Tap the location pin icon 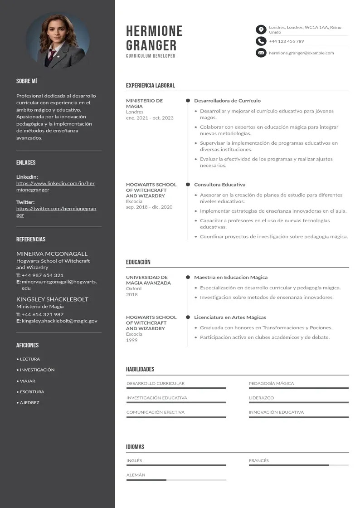[261, 30]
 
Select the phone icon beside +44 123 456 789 [261, 41]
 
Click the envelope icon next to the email [261, 53]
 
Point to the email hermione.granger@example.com [301, 53]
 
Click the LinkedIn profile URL [55, 186]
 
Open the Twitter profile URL [56, 212]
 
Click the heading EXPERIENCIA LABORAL [150, 85]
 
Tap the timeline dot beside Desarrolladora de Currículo [188, 101]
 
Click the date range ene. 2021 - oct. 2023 [150, 118]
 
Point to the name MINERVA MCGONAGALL [52, 254]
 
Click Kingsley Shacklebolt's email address [59, 321]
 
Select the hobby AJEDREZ [29, 403]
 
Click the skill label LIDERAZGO [261, 398]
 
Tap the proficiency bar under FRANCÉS [298, 465]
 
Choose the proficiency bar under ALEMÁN [176, 480]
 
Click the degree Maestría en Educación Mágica [231, 277]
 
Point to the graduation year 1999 [131, 340]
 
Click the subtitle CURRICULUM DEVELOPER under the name [151, 56]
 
